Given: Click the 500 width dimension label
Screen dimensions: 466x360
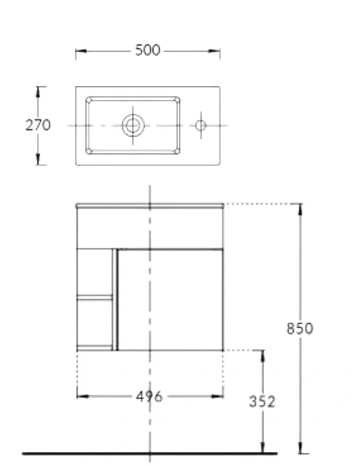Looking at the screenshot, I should [x=147, y=50].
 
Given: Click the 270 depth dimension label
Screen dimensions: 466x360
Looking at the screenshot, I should [x=37, y=125].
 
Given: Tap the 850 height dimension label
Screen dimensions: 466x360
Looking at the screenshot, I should [x=299, y=328].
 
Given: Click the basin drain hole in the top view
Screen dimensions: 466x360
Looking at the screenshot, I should [x=133, y=124].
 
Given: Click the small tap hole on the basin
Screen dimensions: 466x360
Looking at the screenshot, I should [x=199, y=124].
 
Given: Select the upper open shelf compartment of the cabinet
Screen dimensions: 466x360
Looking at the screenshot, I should [x=95, y=272].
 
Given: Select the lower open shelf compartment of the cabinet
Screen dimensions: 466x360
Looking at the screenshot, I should [x=95, y=323].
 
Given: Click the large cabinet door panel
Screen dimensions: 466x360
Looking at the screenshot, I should [x=170, y=299].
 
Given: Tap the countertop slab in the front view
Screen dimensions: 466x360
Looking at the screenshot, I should [x=149, y=207].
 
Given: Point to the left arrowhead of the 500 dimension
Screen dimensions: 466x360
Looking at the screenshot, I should [x=78, y=51].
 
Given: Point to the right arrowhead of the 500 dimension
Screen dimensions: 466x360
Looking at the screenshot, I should [x=218, y=51].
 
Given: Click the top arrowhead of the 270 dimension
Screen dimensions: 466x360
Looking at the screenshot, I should [x=39, y=90].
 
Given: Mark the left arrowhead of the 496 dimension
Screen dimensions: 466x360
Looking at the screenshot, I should [x=80, y=396].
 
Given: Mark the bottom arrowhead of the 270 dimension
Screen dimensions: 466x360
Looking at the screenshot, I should [x=39, y=161].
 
